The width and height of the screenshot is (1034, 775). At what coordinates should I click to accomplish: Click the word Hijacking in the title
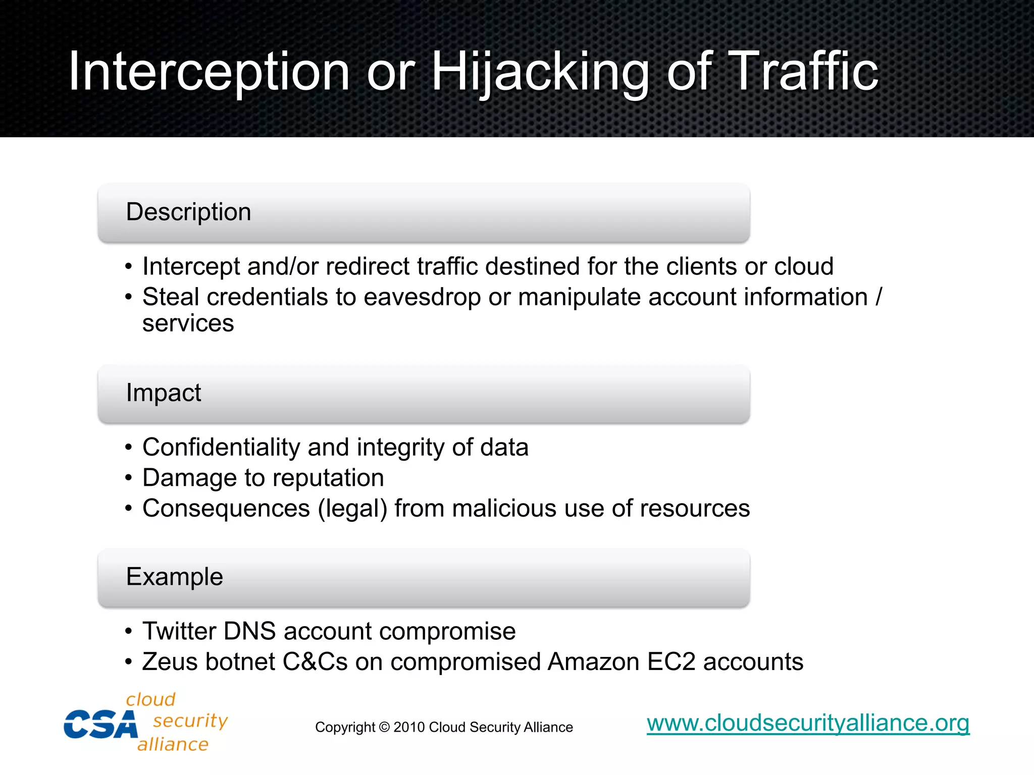point(539,72)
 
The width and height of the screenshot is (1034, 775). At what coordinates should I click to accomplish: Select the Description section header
point(188,212)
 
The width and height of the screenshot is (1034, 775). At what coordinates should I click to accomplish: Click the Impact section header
point(163,393)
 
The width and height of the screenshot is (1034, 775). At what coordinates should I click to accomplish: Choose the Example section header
point(174,577)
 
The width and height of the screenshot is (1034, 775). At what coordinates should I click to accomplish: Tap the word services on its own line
point(188,323)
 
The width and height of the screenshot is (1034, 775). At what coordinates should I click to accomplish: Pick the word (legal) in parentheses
point(352,509)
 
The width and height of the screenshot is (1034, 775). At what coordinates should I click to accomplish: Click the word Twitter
point(179,631)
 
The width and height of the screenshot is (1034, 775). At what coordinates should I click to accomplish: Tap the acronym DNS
point(249,631)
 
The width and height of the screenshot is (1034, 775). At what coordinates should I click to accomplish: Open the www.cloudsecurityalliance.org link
point(808,723)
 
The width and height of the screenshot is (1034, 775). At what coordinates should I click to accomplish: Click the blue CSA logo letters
point(100,725)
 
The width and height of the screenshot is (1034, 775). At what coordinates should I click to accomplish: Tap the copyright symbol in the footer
point(384,728)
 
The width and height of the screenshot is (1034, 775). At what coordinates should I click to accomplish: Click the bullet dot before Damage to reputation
point(129,478)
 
